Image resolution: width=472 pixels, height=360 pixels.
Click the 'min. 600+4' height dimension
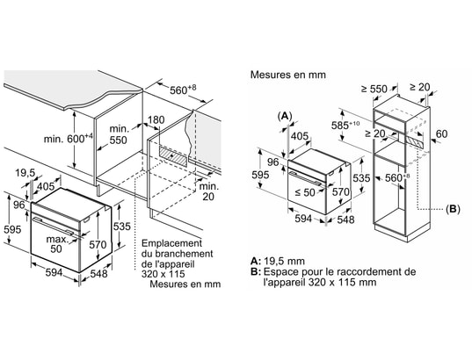click(69, 139)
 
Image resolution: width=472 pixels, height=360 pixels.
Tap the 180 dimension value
click(156, 120)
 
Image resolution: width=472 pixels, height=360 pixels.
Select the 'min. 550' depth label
click(119, 134)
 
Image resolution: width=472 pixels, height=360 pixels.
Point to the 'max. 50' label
click(57, 244)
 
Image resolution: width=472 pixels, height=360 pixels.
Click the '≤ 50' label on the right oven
click(305, 192)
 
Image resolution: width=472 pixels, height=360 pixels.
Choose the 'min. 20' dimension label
click(209, 191)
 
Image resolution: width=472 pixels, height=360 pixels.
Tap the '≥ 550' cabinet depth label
click(374, 89)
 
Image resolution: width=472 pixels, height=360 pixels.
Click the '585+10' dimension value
click(345, 125)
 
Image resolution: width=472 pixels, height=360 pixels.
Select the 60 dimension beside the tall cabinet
click(441, 133)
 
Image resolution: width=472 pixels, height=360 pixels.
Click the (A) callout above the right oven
click(285, 116)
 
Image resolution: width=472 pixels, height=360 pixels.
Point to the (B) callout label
click(453, 209)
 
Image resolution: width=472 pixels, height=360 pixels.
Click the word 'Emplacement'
click(171, 243)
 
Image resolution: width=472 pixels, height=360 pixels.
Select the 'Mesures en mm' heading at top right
click(288, 75)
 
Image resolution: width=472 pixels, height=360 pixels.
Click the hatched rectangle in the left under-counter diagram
click(173, 155)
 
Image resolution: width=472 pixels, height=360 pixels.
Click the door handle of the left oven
click(53, 226)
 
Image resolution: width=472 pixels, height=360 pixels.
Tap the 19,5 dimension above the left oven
click(25, 173)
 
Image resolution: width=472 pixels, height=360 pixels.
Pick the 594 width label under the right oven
click(303, 219)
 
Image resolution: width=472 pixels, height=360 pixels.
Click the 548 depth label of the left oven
click(98, 273)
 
